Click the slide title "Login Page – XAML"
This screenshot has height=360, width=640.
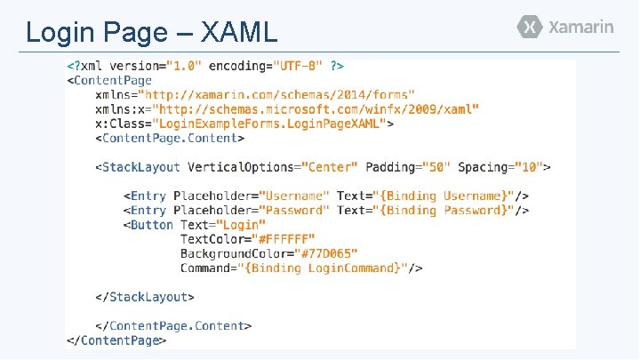[152, 32]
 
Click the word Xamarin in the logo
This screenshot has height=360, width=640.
[581, 27]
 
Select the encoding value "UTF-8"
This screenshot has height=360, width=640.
[297, 66]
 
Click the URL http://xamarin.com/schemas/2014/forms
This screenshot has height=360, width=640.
[279, 94]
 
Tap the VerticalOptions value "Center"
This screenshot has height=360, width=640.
[330, 167]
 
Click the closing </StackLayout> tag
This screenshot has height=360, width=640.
[145, 297]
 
